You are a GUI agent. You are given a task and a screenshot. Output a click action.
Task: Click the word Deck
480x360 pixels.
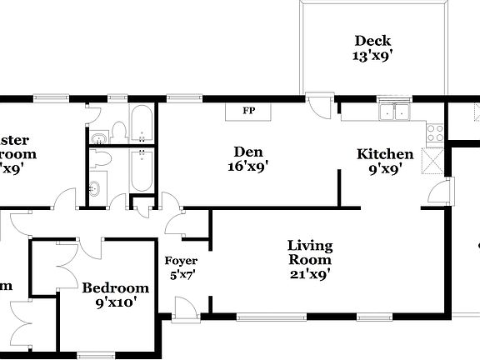[372, 41]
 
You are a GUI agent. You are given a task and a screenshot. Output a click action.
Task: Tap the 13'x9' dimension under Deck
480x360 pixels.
[372, 56]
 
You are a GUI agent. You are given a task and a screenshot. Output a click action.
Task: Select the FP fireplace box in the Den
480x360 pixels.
[248, 111]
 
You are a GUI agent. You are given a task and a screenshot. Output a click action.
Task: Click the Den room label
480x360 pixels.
[248, 152]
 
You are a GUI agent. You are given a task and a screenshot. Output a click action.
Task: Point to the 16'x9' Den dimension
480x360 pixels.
[248, 167]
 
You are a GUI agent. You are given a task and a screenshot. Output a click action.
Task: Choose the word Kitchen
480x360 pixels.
[385, 154]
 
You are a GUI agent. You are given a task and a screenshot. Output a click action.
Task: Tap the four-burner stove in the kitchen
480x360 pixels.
[434, 131]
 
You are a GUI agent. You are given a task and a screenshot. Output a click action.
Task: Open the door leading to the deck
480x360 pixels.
[319, 106]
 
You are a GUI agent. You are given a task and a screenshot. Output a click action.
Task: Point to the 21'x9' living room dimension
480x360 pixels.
[310, 272]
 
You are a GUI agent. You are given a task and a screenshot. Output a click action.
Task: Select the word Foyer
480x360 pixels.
[181, 260]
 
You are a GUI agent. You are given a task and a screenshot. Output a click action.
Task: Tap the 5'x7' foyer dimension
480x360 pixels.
[181, 274]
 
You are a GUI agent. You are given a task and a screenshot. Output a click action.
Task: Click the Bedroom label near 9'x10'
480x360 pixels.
[116, 288]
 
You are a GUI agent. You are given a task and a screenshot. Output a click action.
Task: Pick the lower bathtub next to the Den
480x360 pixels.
[141, 170]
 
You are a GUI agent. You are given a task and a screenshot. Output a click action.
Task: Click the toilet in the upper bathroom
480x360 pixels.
[118, 130]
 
